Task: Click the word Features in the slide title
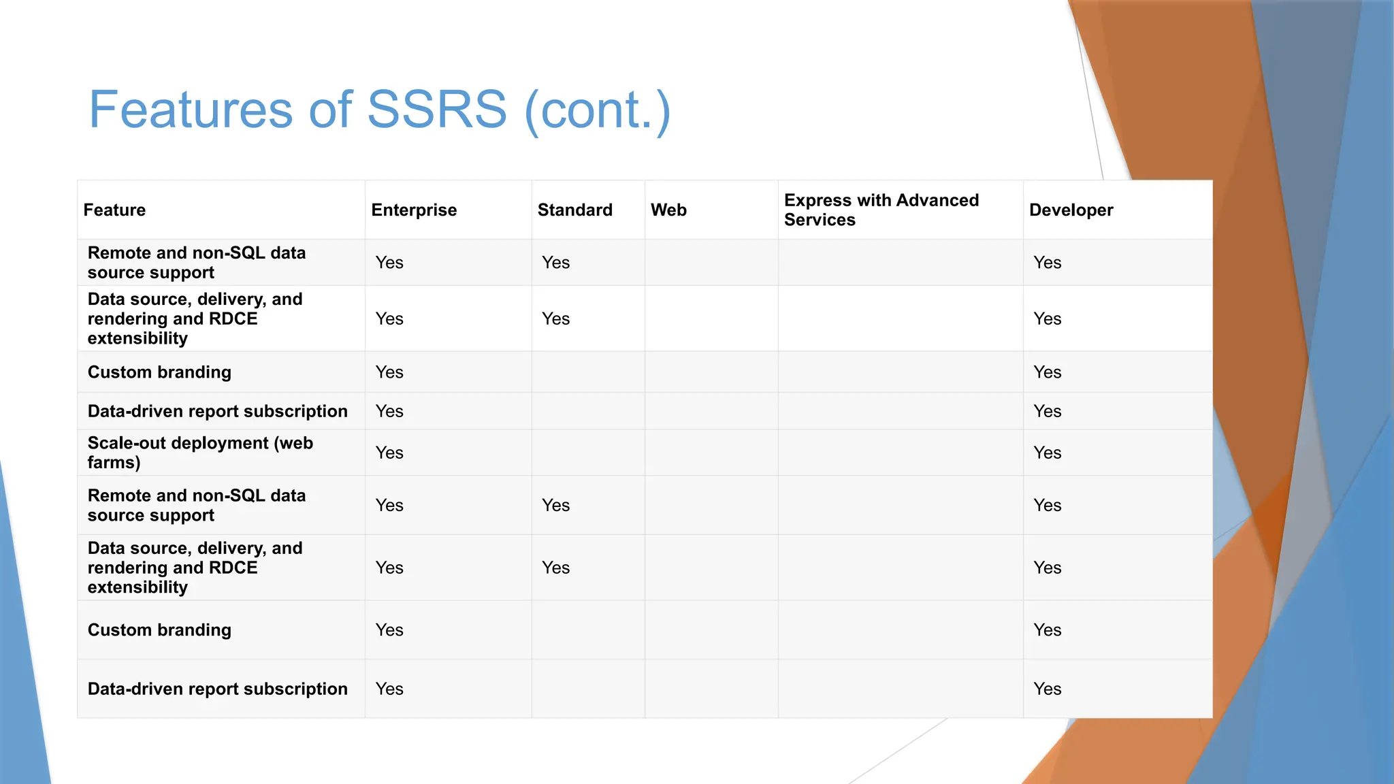(191, 110)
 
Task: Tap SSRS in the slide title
(437, 110)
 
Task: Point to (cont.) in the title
(598, 110)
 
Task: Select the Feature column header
(114, 210)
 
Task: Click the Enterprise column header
(414, 210)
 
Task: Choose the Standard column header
(574, 210)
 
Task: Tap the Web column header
(668, 210)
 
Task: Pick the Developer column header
(1071, 210)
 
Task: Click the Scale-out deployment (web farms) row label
(200, 453)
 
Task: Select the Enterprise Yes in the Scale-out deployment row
(389, 453)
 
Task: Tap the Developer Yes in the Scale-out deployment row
(1047, 453)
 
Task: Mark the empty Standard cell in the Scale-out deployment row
(587, 453)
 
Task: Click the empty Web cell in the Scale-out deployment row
(711, 453)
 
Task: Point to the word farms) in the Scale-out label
(114, 463)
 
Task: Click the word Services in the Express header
(820, 220)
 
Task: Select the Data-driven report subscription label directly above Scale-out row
(217, 412)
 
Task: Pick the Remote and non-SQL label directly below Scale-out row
(196, 505)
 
